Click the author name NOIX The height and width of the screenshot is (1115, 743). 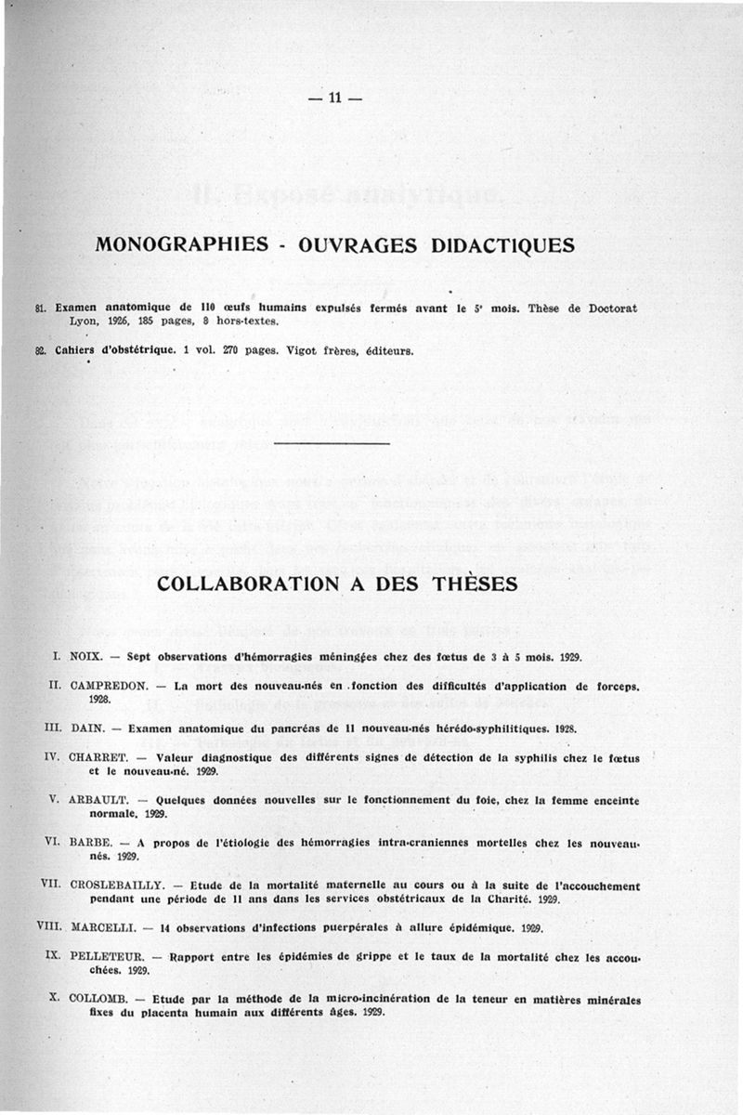click(86, 657)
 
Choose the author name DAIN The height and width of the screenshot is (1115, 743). click(87, 728)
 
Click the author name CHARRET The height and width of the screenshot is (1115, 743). click(99, 757)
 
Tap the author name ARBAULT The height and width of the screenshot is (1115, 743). click(98, 800)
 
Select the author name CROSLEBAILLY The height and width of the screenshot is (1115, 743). click(115, 885)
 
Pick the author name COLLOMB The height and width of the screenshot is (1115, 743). click(97, 998)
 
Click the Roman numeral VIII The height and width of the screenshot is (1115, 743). click(46, 927)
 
